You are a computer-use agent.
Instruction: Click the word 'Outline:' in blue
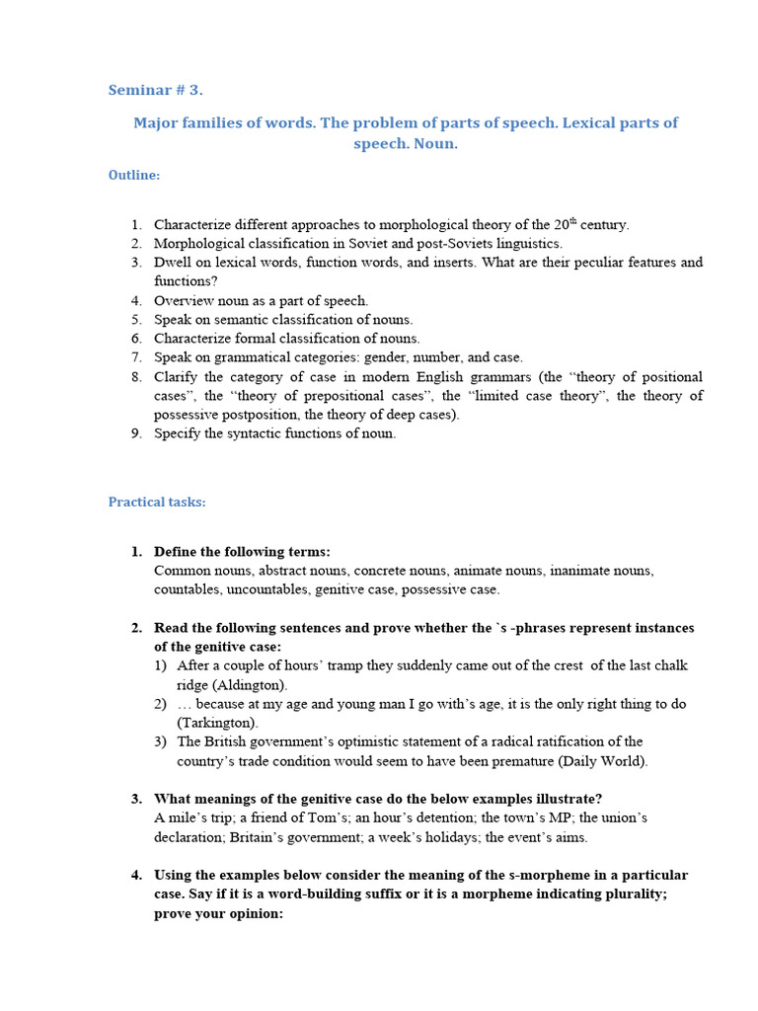[x=134, y=175]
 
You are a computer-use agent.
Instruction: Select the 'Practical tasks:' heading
[x=157, y=503]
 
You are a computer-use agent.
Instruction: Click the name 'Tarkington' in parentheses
[x=215, y=723]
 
